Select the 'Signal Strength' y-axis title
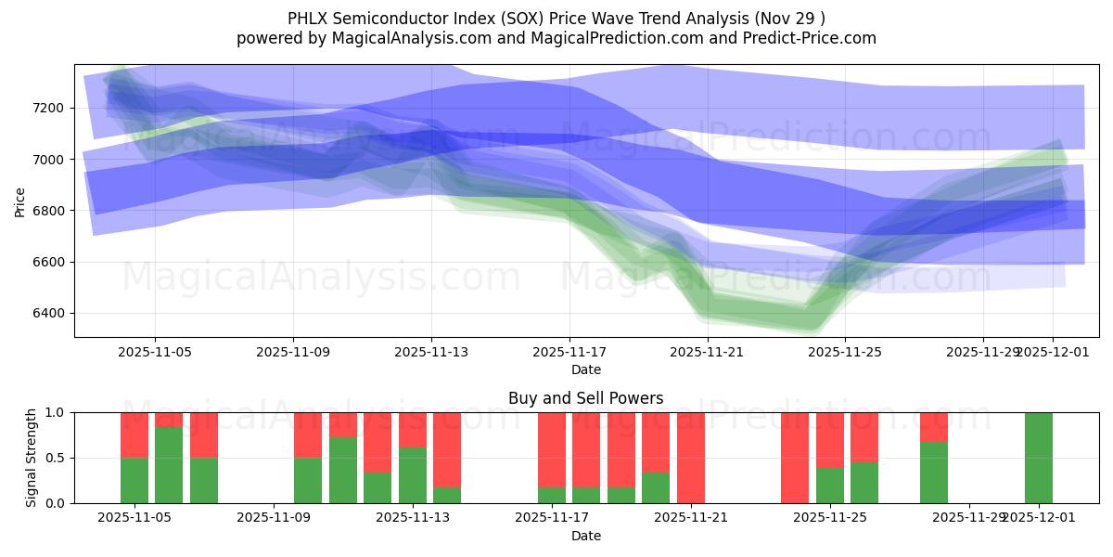pyautogui.click(x=31, y=458)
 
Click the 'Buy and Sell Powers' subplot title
pyautogui.click(x=585, y=398)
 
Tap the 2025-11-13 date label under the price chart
pyautogui.click(x=431, y=353)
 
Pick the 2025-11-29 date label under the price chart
pyautogui.click(x=983, y=353)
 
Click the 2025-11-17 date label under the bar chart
pyautogui.click(x=552, y=518)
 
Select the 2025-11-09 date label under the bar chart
pyautogui.click(x=275, y=518)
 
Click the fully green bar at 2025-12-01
pyautogui.click(x=1038, y=458)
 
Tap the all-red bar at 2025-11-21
pyautogui.click(x=690, y=458)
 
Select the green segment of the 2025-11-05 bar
pyautogui.click(x=134, y=480)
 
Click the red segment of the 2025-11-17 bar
pyautogui.click(x=552, y=449)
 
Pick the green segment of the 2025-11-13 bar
pyautogui.click(x=413, y=475)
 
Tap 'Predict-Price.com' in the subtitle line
pyautogui.click(x=808, y=38)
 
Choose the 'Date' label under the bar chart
pyautogui.click(x=585, y=536)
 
